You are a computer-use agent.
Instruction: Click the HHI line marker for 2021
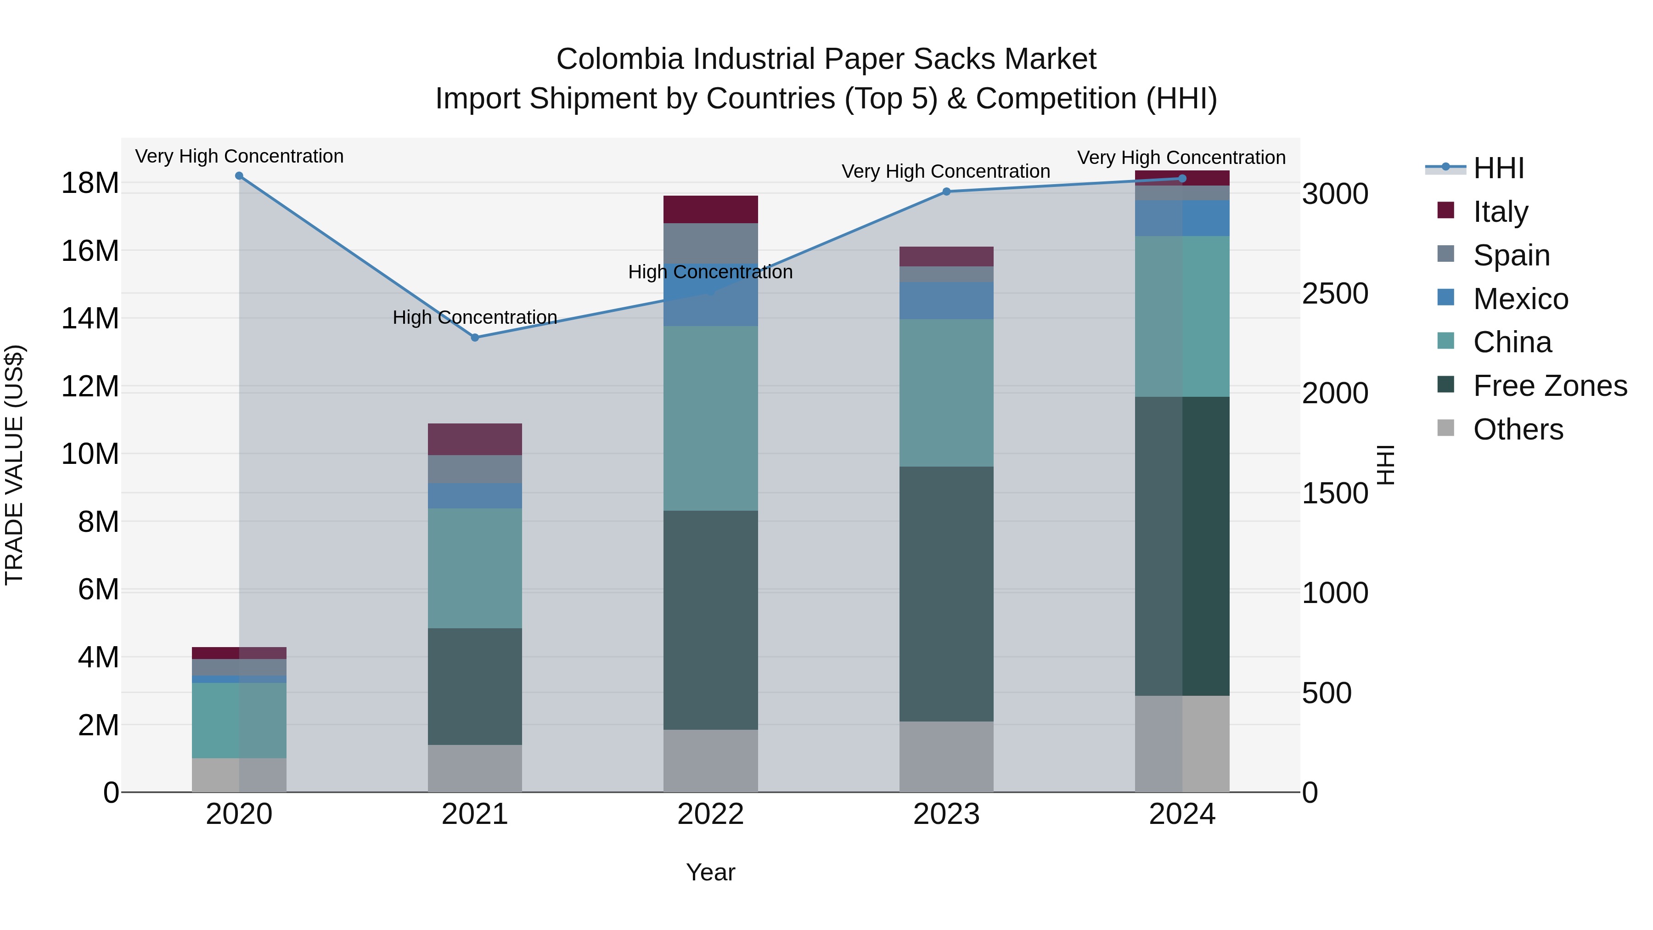click(x=475, y=338)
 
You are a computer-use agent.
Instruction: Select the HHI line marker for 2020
click(x=239, y=176)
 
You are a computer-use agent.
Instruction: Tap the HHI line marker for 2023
click(x=946, y=191)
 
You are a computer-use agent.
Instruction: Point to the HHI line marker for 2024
click(x=1182, y=179)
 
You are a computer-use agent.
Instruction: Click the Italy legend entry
click(x=1500, y=211)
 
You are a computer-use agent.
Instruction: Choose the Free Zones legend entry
click(x=1550, y=386)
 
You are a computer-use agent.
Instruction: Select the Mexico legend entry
click(x=1520, y=299)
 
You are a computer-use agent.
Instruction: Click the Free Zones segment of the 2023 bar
click(x=946, y=594)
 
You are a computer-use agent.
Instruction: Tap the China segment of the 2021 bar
click(x=475, y=568)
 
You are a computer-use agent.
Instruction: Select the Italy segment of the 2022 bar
click(x=710, y=209)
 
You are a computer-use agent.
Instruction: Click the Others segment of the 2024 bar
click(x=1182, y=744)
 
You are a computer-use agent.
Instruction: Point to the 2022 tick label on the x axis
click(x=710, y=814)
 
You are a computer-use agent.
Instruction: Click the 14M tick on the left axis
click(x=90, y=318)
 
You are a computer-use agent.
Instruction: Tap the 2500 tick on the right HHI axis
click(x=1335, y=294)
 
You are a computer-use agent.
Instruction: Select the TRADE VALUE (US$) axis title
click(x=14, y=465)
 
